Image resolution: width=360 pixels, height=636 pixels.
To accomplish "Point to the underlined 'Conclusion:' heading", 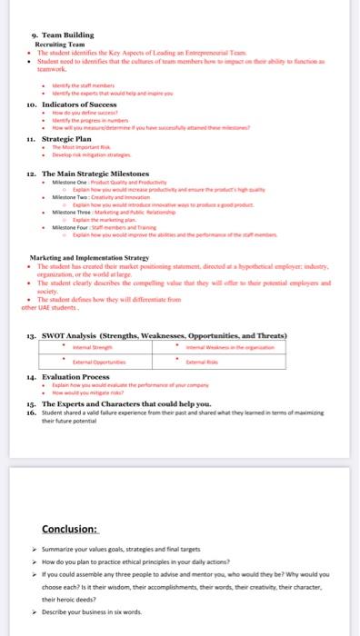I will [x=72, y=530].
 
